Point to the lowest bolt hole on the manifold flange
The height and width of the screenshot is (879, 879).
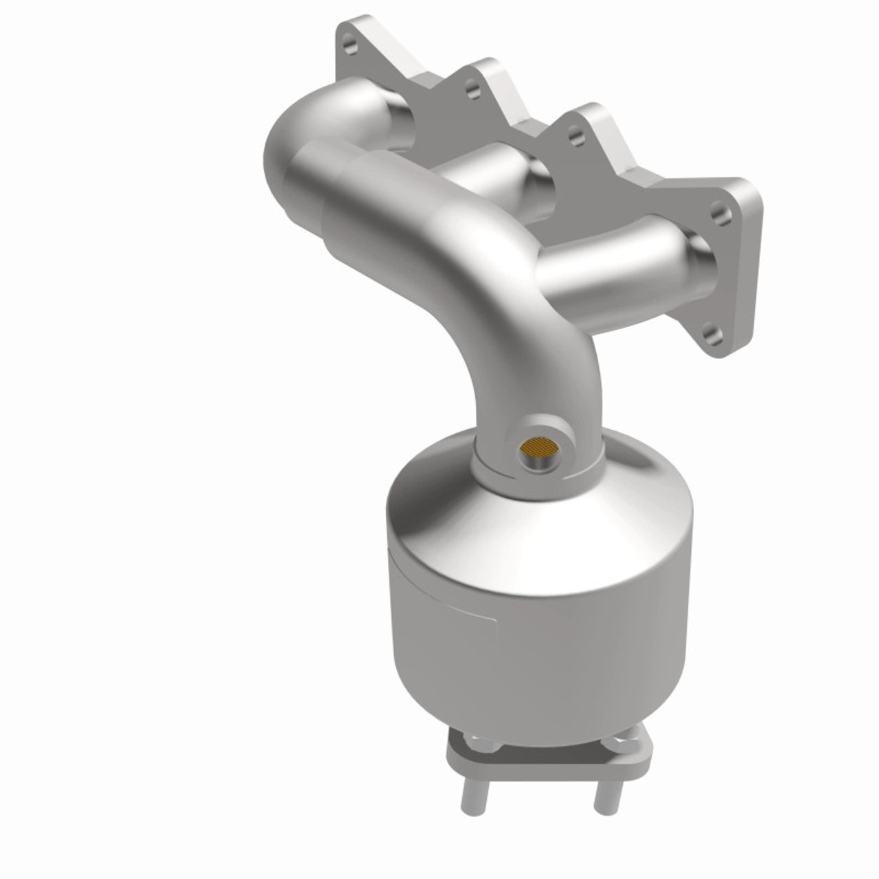point(712,336)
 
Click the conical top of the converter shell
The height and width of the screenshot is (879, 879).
point(439,494)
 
